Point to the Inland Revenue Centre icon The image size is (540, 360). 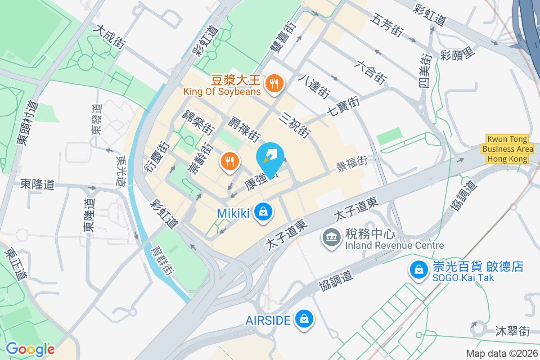pyautogui.click(x=332, y=237)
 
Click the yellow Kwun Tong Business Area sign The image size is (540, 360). pyautogui.click(x=508, y=149)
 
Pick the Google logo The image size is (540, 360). pyautogui.click(x=30, y=349)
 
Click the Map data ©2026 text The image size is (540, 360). pyautogui.click(x=502, y=354)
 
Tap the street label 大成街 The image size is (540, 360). pyautogui.click(x=109, y=36)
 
